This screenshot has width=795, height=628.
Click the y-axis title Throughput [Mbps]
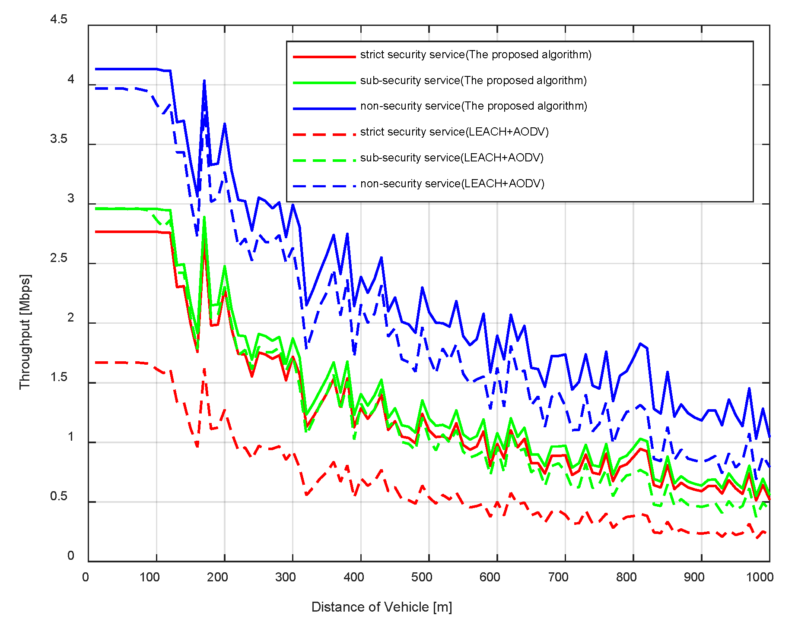(25, 331)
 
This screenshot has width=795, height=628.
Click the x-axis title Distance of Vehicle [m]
(382, 607)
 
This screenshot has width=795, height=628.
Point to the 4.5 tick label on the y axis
(59, 19)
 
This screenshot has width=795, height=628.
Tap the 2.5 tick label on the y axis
(59, 258)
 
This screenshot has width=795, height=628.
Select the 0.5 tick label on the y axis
(59, 496)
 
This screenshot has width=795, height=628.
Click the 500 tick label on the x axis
(422, 577)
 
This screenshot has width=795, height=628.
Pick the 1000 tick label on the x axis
(760, 577)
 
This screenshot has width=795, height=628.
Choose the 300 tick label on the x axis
(286, 577)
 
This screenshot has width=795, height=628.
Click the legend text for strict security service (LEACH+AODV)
(454, 132)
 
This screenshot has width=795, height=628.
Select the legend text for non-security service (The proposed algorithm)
(474, 106)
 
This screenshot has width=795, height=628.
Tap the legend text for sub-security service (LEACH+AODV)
(452, 158)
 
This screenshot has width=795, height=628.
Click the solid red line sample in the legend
(324, 57)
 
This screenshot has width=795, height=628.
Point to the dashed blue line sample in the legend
(324, 186)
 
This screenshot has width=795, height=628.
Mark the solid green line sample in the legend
(324, 82)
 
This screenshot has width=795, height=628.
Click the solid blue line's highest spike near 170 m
(204, 81)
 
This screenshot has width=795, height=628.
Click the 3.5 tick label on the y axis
(59, 139)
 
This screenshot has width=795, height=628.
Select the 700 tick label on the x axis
(558, 577)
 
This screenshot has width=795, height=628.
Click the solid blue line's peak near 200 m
(225, 124)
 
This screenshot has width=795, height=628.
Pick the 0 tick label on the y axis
(71, 556)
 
